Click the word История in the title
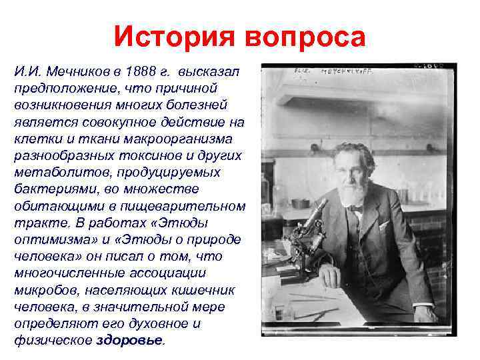pyautogui.click(x=175, y=36)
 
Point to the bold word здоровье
pyautogui.click(x=129, y=340)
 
